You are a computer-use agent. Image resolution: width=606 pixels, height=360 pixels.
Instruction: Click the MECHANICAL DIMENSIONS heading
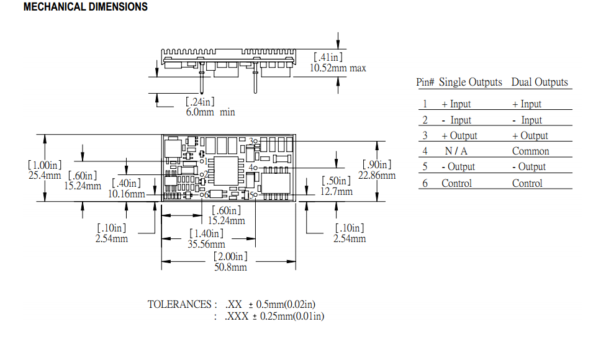tap(85, 7)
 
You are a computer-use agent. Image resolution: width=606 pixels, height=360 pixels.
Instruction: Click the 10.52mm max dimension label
tap(338, 68)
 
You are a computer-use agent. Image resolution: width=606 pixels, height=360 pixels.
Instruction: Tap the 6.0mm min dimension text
tap(210, 112)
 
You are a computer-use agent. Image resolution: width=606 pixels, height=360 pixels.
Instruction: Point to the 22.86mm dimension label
tap(376, 175)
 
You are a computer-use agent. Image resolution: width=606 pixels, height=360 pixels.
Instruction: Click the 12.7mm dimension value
tap(336, 191)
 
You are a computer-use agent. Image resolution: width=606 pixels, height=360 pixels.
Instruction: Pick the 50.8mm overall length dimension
tap(230, 267)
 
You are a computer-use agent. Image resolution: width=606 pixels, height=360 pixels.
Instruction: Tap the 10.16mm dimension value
tap(126, 194)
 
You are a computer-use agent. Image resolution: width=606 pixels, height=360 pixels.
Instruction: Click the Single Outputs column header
tap(470, 82)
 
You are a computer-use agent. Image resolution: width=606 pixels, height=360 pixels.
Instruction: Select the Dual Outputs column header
tap(539, 82)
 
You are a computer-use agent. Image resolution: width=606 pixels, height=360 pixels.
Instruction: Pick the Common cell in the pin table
tap(530, 151)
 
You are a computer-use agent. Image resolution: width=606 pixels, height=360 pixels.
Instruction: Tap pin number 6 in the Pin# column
tap(425, 183)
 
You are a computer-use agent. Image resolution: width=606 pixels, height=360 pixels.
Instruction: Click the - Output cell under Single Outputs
tap(458, 166)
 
